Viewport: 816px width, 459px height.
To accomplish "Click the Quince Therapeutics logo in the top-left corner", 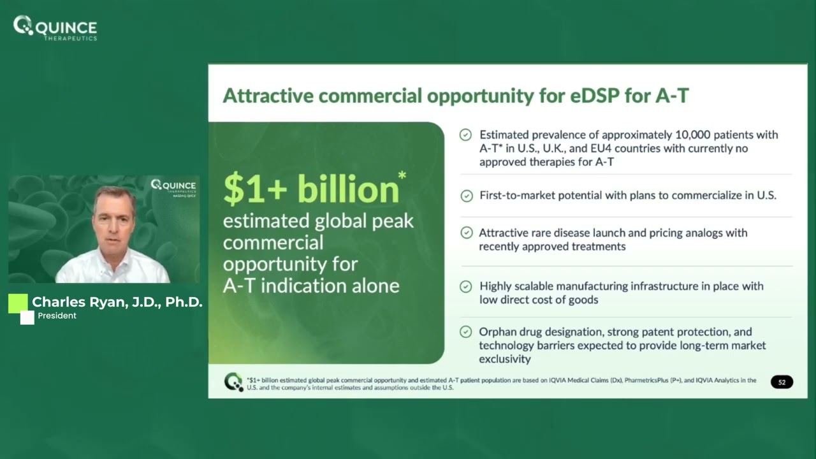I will [x=55, y=28].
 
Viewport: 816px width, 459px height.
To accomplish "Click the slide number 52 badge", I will [x=782, y=382].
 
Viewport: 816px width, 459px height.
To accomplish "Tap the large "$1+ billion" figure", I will [x=311, y=190].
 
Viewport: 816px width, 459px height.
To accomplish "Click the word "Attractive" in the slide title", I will [x=268, y=96].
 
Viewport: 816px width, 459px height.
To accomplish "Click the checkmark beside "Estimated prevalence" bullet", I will [x=466, y=135].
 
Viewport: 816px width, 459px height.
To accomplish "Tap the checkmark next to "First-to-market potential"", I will [x=466, y=196].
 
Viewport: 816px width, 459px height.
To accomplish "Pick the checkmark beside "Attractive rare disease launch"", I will [x=466, y=233].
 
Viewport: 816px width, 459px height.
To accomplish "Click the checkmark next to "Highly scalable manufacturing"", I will [x=466, y=287].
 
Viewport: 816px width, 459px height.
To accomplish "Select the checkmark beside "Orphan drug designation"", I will [x=466, y=332].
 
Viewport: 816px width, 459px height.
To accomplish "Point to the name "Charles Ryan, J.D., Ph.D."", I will [x=117, y=302].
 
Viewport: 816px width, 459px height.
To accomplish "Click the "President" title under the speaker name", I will [x=57, y=316].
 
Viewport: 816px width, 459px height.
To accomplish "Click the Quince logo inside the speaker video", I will [x=173, y=186].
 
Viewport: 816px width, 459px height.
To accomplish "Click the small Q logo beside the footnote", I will [x=233, y=382].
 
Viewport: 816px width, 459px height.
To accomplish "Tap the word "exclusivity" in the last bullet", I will [x=505, y=359].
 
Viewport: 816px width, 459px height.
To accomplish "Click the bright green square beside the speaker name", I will [x=18, y=303].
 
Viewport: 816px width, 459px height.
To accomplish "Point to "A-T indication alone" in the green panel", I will [x=311, y=285].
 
